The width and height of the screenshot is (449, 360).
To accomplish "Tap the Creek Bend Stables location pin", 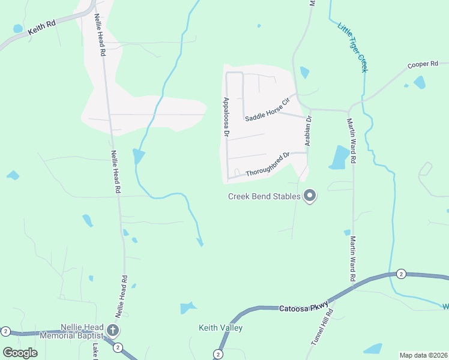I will (x=310, y=196).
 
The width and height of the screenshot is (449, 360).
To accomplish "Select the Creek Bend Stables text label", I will (x=264, y=196).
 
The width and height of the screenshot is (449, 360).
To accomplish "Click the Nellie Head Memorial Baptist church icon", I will (x=112, y=330).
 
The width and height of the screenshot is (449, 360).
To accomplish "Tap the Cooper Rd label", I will (x=423, y=64).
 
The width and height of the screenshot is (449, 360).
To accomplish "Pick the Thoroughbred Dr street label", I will (x=268, y=164).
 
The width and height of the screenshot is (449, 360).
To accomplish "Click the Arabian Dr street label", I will (x=309, y=131).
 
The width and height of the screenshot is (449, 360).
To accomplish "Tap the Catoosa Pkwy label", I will (x=304, y=308).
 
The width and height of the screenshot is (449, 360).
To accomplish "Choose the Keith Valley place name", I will (x=221, y=328).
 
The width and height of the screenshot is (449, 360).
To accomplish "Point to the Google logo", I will (x=20, y=352).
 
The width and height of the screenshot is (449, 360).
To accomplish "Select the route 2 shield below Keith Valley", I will (x=217, y=355).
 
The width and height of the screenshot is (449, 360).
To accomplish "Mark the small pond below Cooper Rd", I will (x=419, y=82).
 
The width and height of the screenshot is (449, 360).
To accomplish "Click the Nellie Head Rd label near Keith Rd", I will (x=100, y=35).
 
